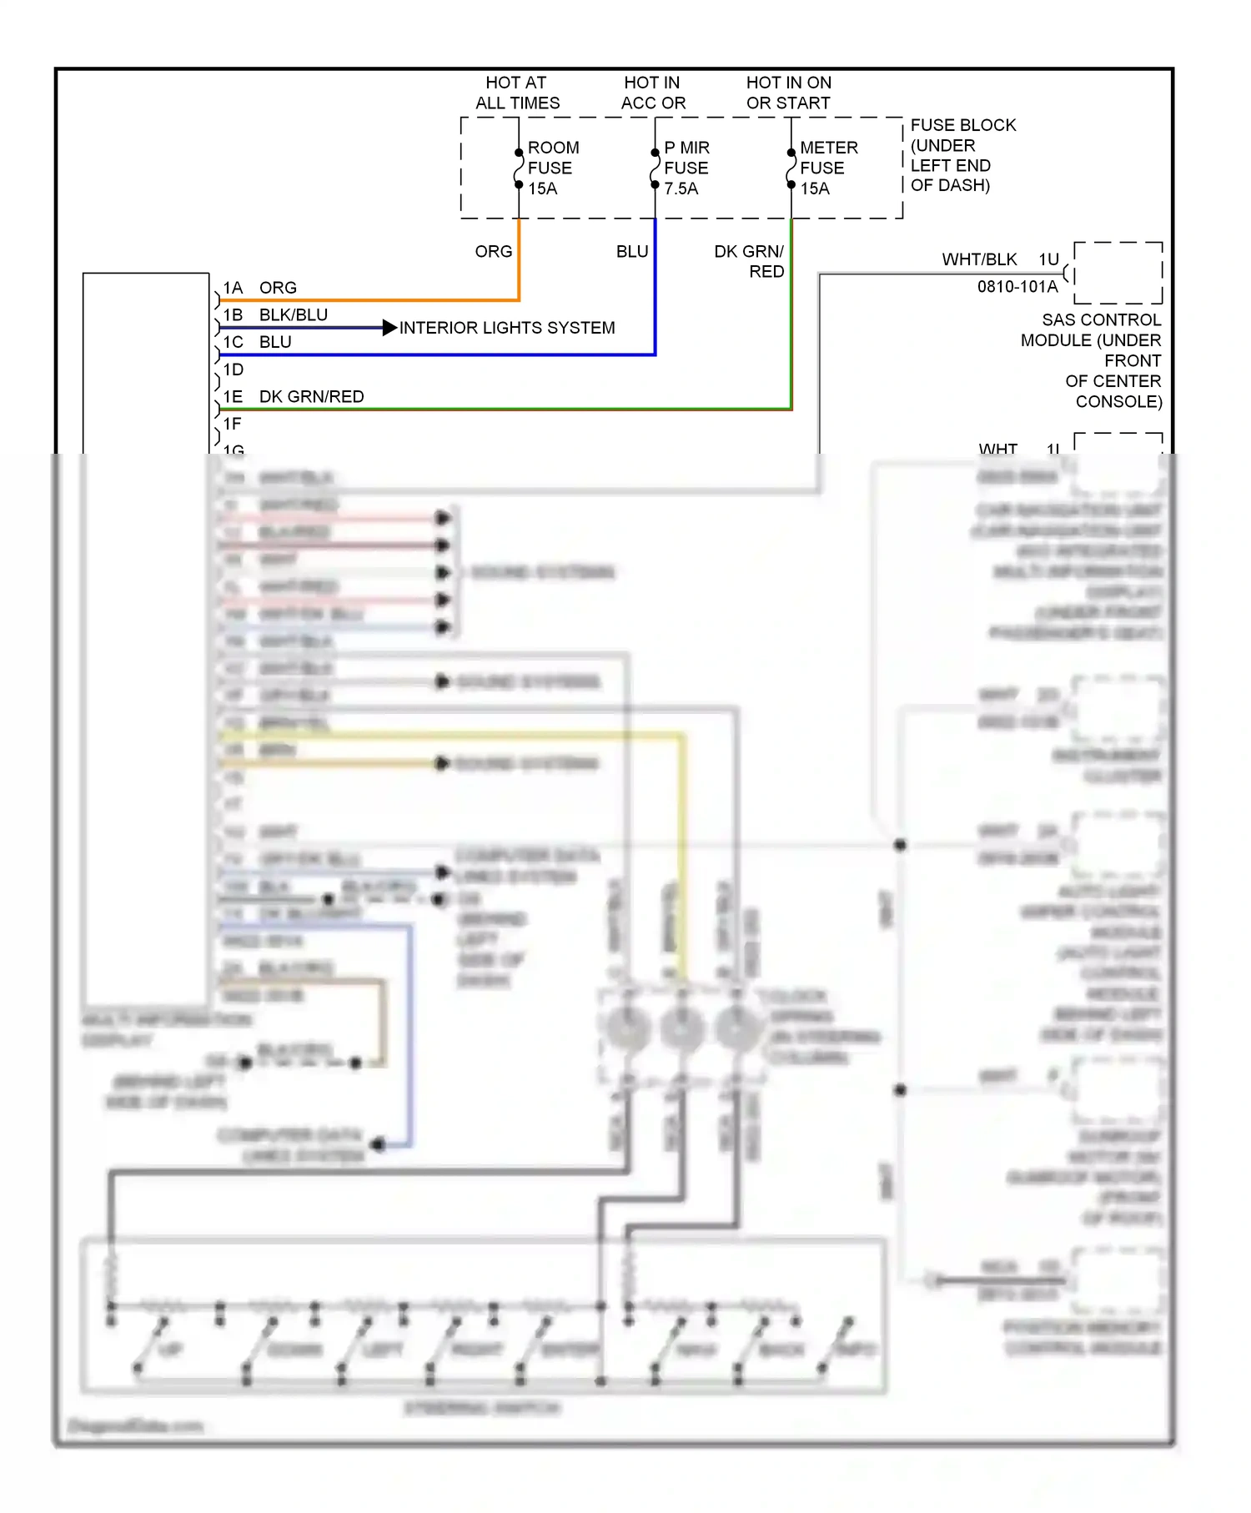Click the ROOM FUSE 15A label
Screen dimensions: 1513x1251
click(552, 168)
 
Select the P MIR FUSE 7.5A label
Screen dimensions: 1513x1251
click(686, 168)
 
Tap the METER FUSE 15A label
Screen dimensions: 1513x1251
click(827, 168)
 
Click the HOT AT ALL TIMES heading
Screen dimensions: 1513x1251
click(517, 93)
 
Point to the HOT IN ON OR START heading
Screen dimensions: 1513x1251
click(788, 93)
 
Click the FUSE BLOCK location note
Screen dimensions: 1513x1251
click(962, 155)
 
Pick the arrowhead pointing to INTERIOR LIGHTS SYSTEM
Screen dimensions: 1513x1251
click(389, 328)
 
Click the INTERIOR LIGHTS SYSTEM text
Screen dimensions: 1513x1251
click(507, 328)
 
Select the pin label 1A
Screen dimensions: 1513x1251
click(233, 288)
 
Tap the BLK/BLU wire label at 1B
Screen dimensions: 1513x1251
click(293, 314)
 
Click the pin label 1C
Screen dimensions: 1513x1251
click(233, 342)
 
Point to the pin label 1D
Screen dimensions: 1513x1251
click(233, 369)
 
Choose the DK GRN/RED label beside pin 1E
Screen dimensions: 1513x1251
click(311, 396)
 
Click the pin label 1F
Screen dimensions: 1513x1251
click(232, 424)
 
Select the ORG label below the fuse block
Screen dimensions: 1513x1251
click(493, 251)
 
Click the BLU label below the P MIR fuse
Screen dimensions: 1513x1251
click(631, 251)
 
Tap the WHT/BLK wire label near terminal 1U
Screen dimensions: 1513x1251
click(979, 259)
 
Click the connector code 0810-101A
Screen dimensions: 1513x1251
click(1017, 287)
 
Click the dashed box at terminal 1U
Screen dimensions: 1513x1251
click(1118, 273)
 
